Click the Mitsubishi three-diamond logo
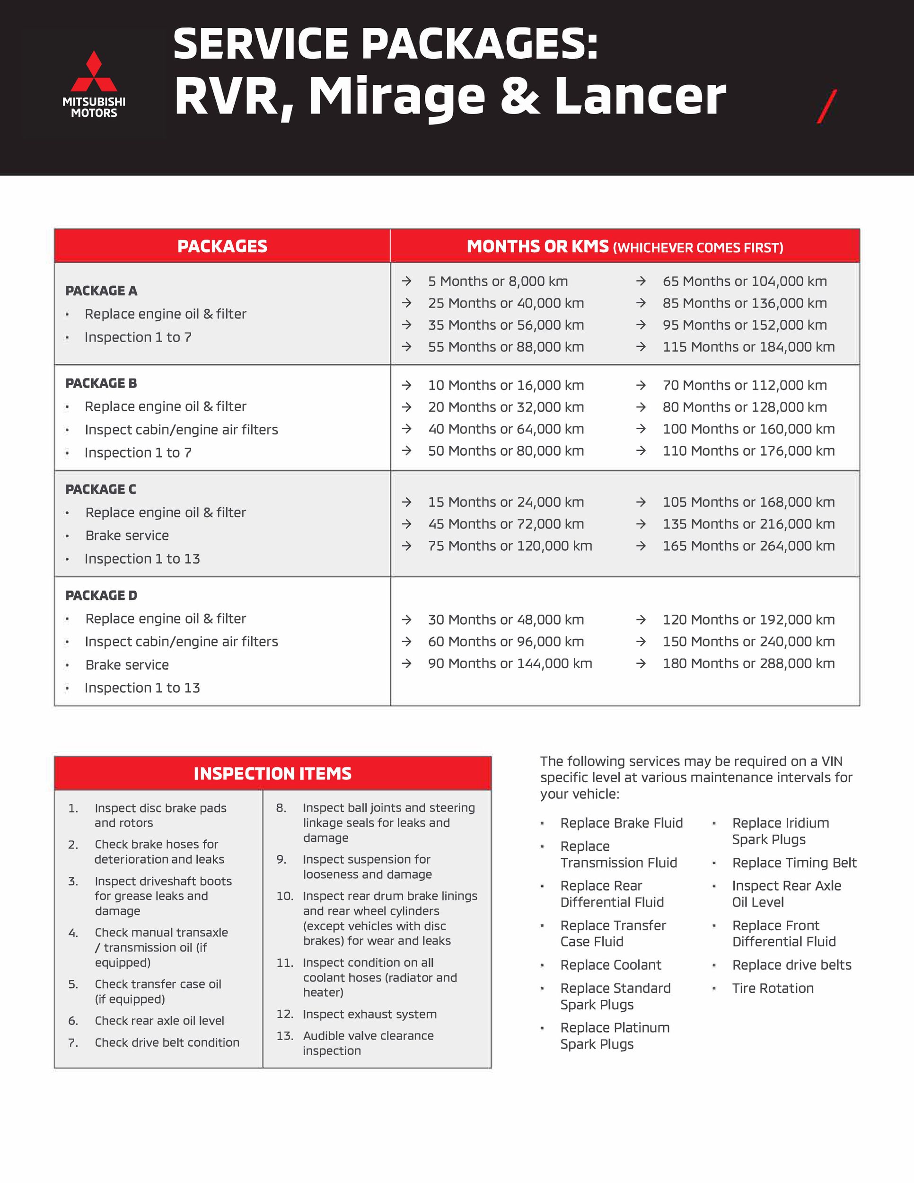(x=94, y=72)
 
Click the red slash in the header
(x=827, y=106)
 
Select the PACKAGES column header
(x=222, y=247)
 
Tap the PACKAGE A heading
(x=101, y=291)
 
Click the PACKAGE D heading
(x=101, y=595)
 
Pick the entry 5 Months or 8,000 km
(x=498, y=282)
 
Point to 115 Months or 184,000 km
(x=748, y=347)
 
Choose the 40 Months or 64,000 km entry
(x=506, y=429)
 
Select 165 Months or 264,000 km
(x=748, y=546)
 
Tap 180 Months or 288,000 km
(x=748, y=663)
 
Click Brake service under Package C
(x=127, y=536)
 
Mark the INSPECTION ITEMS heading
(x=272, y=774)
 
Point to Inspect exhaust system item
(x=369, y=1015)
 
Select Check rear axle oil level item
(x=159, y=1021)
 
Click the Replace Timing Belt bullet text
(x=794, y=863)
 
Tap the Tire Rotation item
(x=773, y=989)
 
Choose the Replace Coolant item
(x=611, y=965)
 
